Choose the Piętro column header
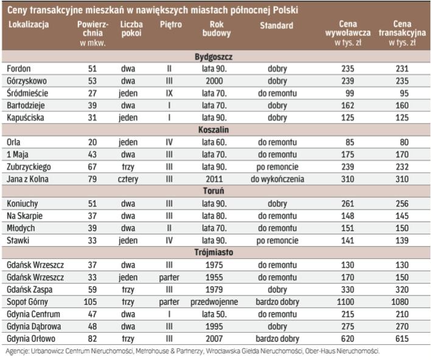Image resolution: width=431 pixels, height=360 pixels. pyautogui.click(x=170, y=26)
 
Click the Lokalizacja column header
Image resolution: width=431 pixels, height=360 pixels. pyautogui.click(x=29, y=26)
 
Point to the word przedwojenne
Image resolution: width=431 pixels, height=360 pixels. pyautogui.click(x=214, y=300)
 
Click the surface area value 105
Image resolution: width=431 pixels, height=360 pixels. pyautogui.click(x=93, y=300)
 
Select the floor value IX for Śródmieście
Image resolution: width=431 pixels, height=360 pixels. pyautogui.click(x=170, y=93)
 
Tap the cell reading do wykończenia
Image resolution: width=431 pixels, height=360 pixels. pyautogui.click(x=277, y=178)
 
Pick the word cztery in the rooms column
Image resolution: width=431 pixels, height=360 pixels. pyautogui.click(x=128, y=178)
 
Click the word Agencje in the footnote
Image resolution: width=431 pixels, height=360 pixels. pyautogui.click(x=18, y=351)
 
